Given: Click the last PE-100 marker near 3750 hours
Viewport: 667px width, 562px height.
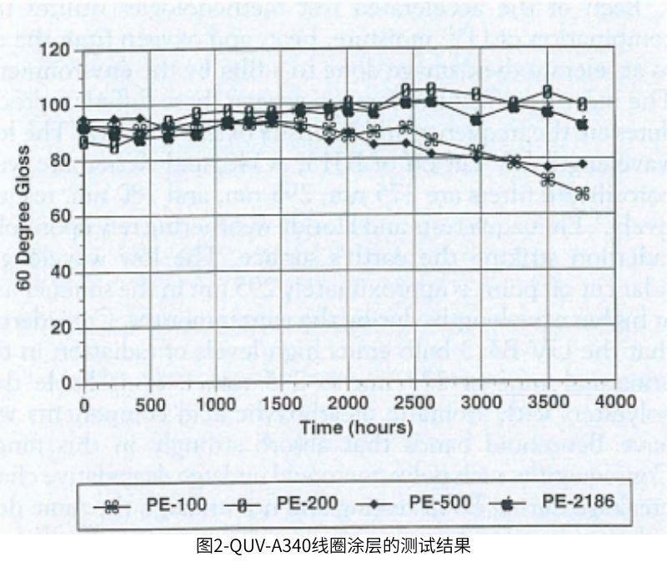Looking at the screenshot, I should point(582,193).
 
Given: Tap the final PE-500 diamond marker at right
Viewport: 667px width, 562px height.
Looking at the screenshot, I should point(582,164).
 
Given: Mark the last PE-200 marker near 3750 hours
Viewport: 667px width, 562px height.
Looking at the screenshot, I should point(582,104).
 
